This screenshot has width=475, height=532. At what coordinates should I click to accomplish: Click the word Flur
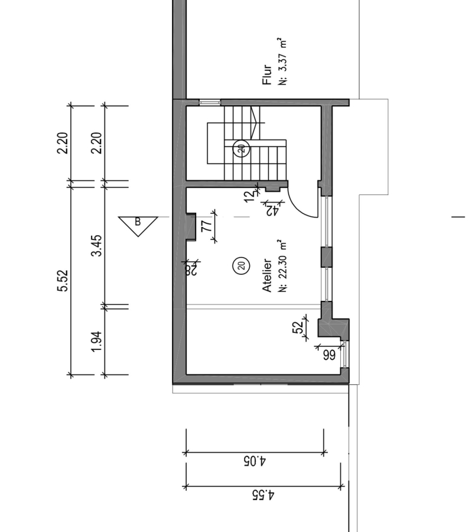[267, 74]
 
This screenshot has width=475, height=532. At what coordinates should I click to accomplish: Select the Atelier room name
[267, 275]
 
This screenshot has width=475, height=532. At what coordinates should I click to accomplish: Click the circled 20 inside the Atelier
[242, 265]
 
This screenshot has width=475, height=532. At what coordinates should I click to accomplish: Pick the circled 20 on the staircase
[242, 148]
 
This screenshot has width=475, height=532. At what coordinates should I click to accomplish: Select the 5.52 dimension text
[63, 281]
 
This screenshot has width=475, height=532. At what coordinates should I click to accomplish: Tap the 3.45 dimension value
[97, 246]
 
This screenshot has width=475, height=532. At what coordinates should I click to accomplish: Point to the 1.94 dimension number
[97, 341]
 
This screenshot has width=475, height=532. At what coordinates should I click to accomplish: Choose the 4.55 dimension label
[263, 495]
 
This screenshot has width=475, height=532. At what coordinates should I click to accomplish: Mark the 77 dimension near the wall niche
[207, 226]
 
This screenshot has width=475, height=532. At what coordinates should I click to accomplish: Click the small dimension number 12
[249, 196]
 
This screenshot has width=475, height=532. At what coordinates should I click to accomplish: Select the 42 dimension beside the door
[272, 210]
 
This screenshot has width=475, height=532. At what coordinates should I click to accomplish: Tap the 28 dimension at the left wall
[191, 270]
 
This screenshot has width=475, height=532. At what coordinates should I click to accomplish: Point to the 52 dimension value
[297, 327]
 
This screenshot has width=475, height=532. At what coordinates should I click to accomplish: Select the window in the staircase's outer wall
[210, 102]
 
